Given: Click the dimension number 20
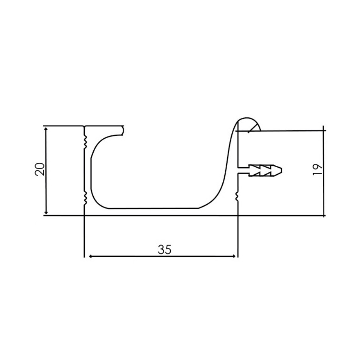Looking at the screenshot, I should [x=40, y=169].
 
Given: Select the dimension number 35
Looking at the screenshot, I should [x=164, y=249].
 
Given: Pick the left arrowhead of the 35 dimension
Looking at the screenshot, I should [x=90, y=256].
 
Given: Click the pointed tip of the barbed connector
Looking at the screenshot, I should [x=281, y=170].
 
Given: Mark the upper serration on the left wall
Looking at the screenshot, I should [x=85, y=141].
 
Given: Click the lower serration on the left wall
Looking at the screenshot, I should [x=85, y=198].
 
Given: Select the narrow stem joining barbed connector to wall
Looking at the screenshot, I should [x=243, y=171].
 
